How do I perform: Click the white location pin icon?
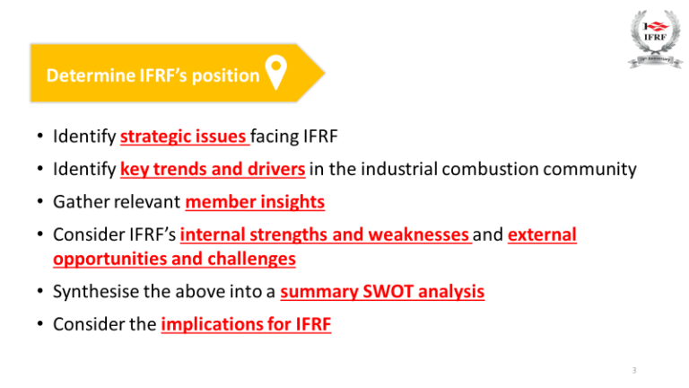coord(276,75)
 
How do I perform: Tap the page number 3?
coord(634,369)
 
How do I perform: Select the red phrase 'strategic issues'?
coord(184,137)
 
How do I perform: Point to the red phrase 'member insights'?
coord(255,202)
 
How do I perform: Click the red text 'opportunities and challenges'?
coord(173,259)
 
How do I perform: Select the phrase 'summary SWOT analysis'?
coord(382,292)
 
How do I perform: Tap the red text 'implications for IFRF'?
coord(246,324)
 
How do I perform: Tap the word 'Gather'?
coord(78,202)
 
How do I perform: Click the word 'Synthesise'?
coord(92,292)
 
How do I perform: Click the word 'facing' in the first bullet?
coord(274,137)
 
